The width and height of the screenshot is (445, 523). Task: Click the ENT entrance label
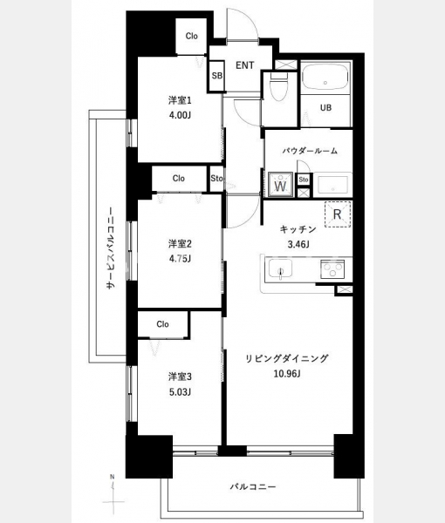pyautogui.click(x=244, y=65)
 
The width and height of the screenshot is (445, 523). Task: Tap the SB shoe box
pyautogui.click(x=217, y=76)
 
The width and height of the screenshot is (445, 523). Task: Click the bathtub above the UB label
pyautogui.click(x=325, y=77)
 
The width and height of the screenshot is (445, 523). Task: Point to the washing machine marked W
pyautogui.click(x=280, y=185)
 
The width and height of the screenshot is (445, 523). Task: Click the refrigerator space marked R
pyautogui.click(x=338, y=214)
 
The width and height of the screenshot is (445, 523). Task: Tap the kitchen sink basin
pyautogui.click(x=281, y=268)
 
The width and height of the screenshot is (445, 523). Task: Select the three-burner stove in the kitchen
pyautogui.click(x=332, y=268)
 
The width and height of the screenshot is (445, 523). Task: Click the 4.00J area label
pyautogui.click(x=180, y=115)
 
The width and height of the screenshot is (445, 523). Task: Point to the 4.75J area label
pyautogui.click(x=180, y=259)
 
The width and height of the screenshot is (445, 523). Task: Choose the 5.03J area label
pyautogui.click(x=180, y=392)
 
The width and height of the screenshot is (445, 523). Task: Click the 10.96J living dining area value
pyautogui.click(x=287, y=374)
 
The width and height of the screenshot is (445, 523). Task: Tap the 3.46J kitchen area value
pyautogui.click(x=298, y=244)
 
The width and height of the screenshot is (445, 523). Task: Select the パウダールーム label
pyautogui.click(x=310, y=151)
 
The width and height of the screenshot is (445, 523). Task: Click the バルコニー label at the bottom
pyautogui.click(x=253, y=486)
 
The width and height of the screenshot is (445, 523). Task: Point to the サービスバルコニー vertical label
pyautogui.click(x=111, y=248)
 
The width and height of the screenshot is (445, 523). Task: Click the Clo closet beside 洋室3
pyautogui.click(x=162, y=324)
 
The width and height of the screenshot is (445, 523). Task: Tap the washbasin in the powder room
pyautogui.click(x=332, y=185)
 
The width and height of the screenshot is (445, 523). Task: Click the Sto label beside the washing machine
pyautogui.click(x=304, y=180)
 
